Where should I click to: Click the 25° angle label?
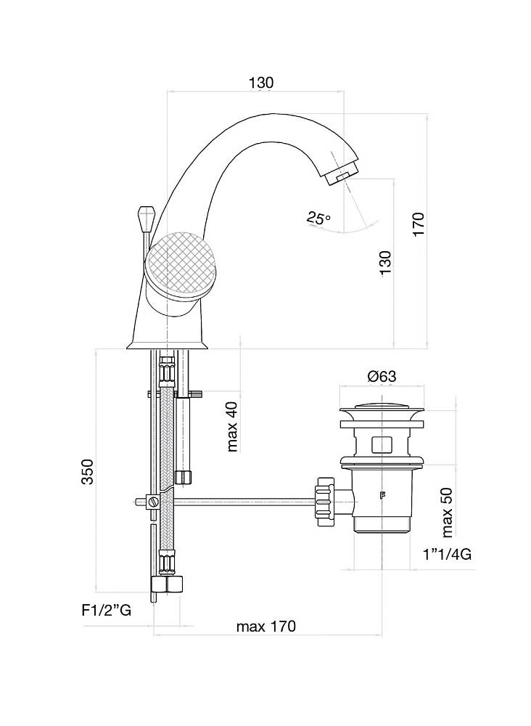pyautogui.click(x=318, y=217)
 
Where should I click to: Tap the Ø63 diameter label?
pyautogui.click(x=381, y=376)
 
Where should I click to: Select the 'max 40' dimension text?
pyautogui.click(x=232, y=426)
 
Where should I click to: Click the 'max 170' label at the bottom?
pyautogui.click(x=266, y=627)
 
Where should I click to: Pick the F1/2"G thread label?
pyautogui.click(x=106, y=611)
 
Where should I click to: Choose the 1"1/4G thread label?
pyautogui.click(x=447, y=555)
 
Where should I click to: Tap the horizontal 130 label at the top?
pyautogui.click(x=261, y=83)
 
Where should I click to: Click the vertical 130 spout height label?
pyautogui.click(x=384, y=262)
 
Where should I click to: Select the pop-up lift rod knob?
pyautogui.click(x=144, y=216)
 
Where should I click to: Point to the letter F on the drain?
pyautogui.click(x=382, y=497)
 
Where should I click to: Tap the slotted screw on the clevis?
pyautogui.click(x=153, y=502)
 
